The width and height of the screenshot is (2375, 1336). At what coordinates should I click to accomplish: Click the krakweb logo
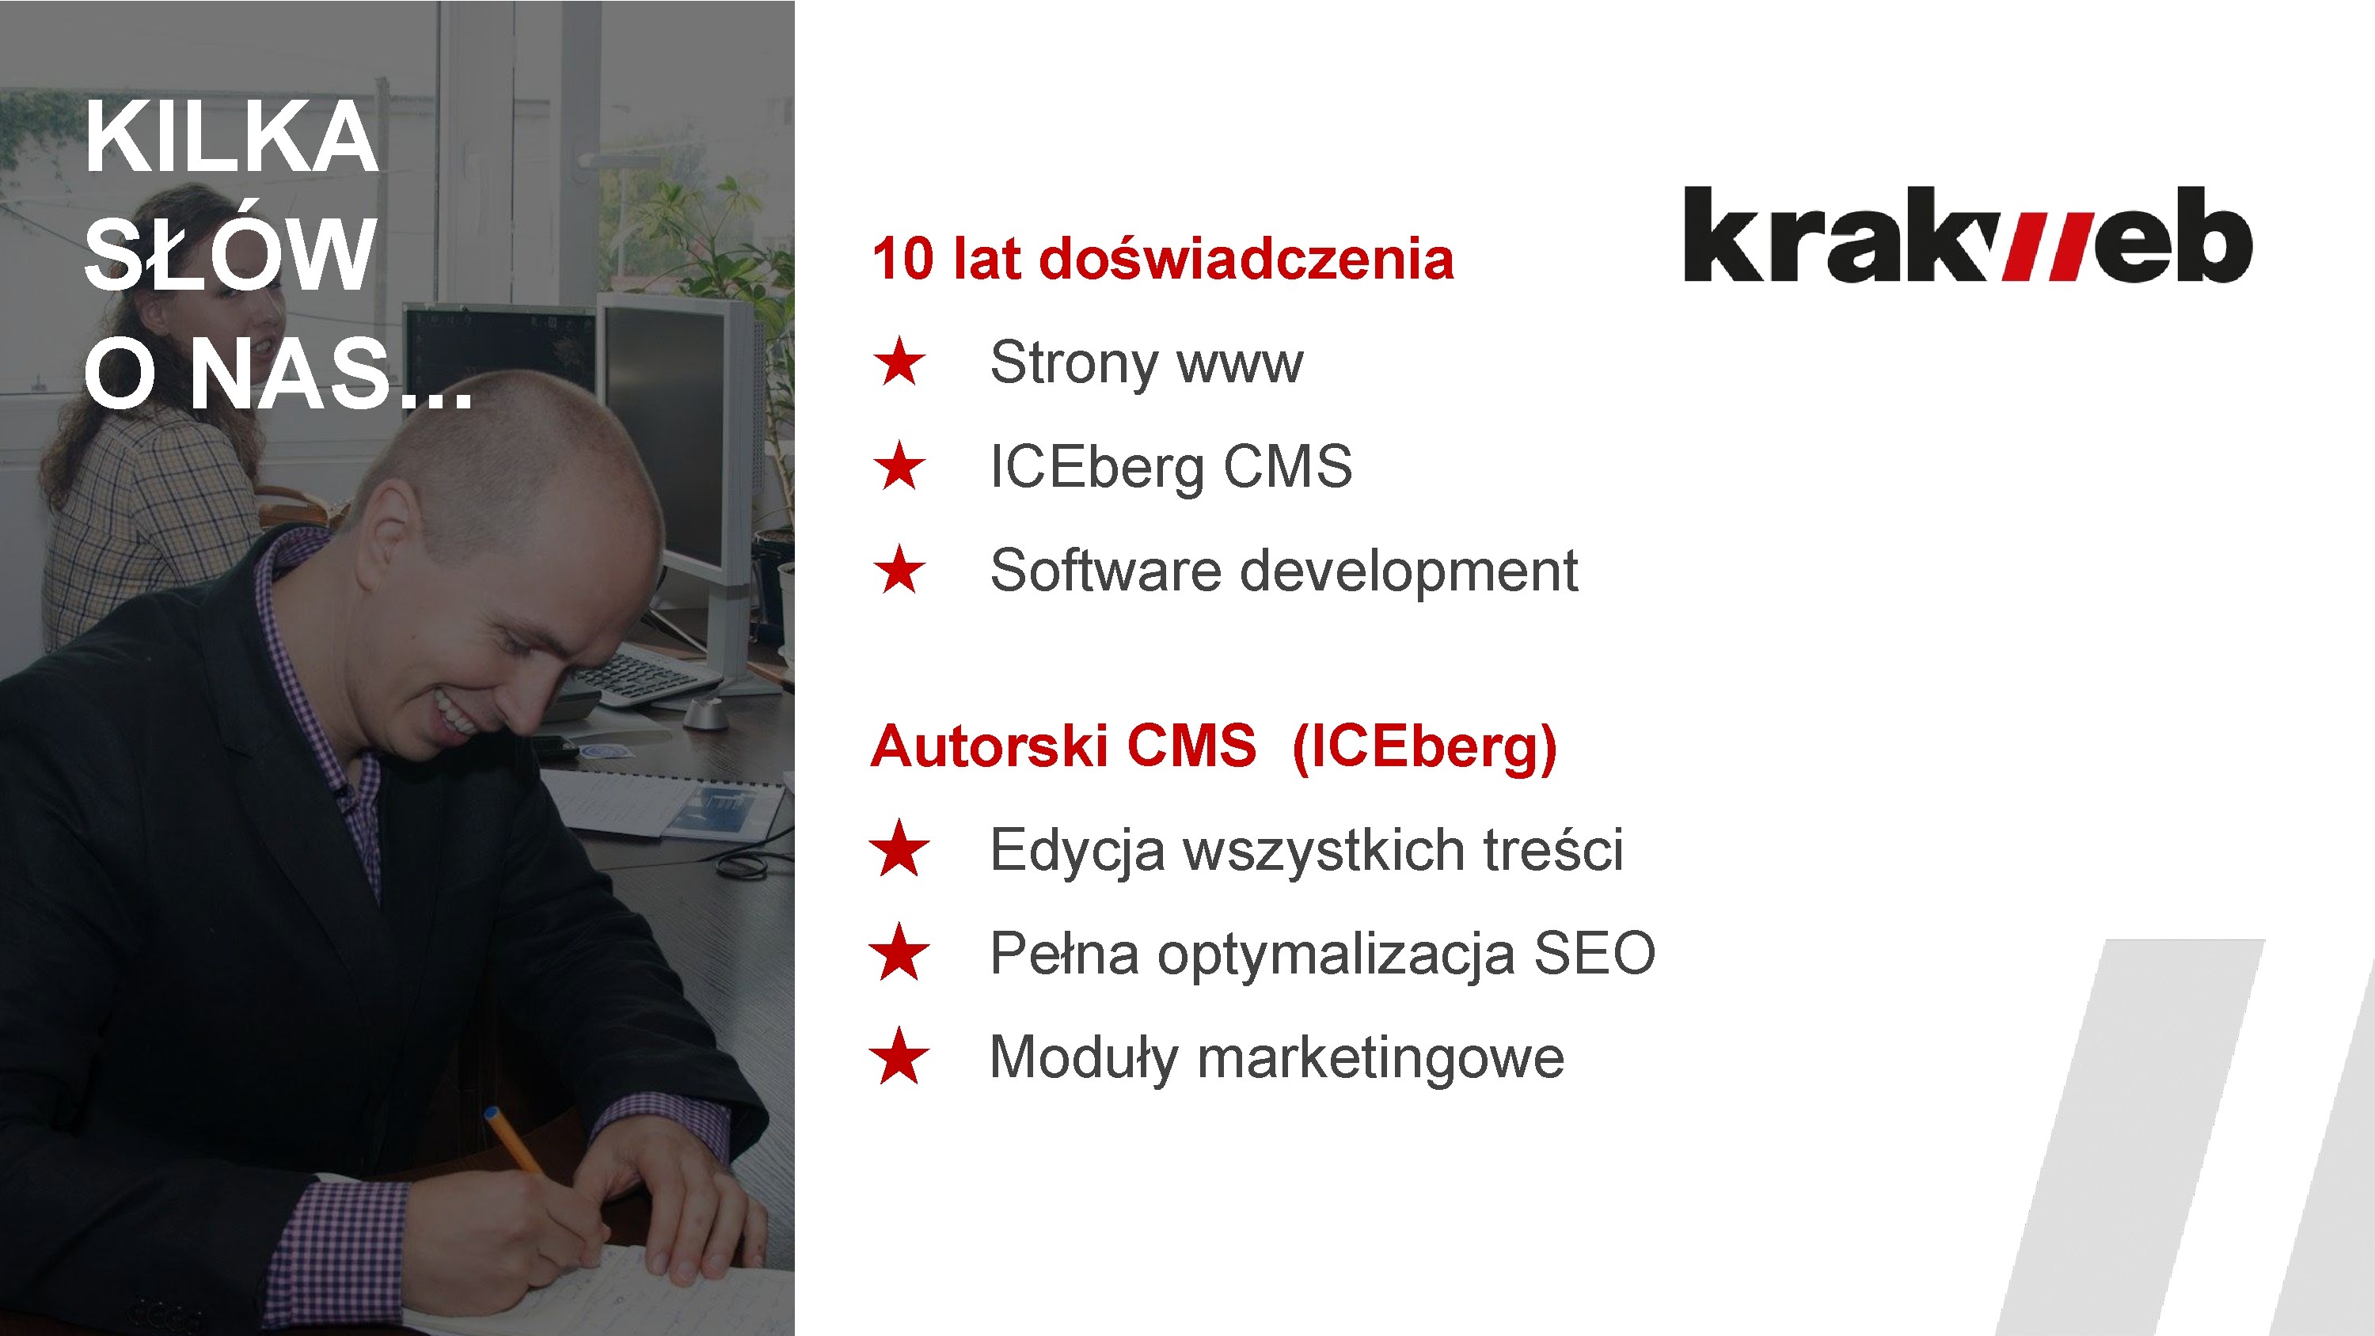1967,234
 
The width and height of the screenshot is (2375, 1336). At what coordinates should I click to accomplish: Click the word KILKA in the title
231,138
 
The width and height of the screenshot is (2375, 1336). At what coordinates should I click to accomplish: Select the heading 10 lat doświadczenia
1163,258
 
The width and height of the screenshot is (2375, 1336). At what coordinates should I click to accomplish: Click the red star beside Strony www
899,362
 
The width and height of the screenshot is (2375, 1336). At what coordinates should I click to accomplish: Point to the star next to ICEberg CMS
899,465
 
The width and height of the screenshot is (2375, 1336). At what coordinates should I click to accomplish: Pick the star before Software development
899,570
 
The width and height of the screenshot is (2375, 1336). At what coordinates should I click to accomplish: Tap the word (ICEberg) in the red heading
1424,749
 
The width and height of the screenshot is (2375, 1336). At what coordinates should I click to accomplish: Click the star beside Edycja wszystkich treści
899,848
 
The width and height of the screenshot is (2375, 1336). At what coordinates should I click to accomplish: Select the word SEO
1594,954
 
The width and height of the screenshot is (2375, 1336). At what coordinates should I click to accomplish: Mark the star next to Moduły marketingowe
899,1057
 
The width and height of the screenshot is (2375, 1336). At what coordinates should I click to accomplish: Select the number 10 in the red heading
902,259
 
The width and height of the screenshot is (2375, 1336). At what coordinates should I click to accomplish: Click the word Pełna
1064,954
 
